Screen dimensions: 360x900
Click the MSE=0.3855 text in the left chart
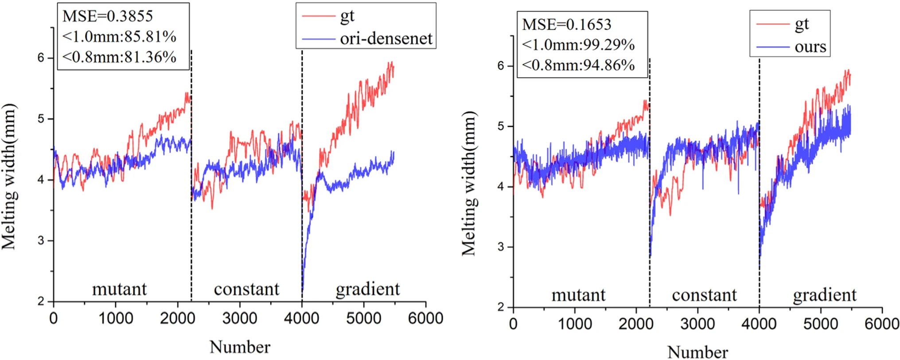tap(108, 16)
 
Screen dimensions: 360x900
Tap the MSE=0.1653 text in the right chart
tap(566, 24)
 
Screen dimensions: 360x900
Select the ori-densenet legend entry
tap(386, 39)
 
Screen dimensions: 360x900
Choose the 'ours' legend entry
tap(810, 47)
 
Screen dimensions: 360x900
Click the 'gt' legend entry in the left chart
tap(347, 16)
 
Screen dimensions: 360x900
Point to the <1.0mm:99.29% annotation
tap(578, 45)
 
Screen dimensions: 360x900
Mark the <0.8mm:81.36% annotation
tap(119, 57)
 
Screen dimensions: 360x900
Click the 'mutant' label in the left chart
tap(119, 289)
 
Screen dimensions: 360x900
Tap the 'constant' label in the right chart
tap(704, 295)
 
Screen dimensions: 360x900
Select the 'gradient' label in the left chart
tap(368, 289)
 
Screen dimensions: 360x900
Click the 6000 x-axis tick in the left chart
tap(425, 318)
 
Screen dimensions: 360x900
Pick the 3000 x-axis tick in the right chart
tap(697, 324)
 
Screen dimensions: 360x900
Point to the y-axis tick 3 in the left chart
tap(41, 241)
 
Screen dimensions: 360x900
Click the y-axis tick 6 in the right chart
tap(501, 66)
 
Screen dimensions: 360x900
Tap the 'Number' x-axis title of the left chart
tap(240, 347)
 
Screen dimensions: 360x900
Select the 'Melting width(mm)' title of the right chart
tap(469, 183)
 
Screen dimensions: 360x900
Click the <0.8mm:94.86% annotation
tap(578, 65)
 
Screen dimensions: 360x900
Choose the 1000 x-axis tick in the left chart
tap(116, 318)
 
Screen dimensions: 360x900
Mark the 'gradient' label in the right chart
tap(825, 295)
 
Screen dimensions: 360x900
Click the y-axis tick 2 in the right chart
tap(501, 307)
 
